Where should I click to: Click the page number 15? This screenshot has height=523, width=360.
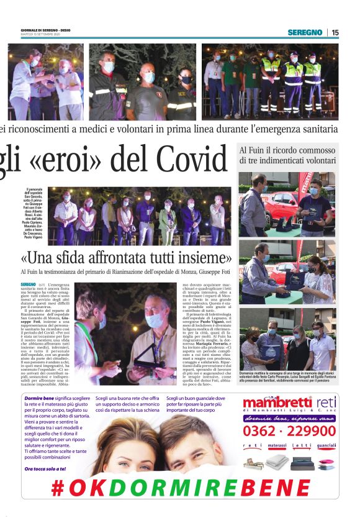click(335, 32)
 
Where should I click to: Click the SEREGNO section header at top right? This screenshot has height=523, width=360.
click(305, 32)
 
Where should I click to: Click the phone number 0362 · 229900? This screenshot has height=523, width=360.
click(289, 431)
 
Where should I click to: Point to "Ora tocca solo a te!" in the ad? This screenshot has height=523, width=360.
click(44, 468)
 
